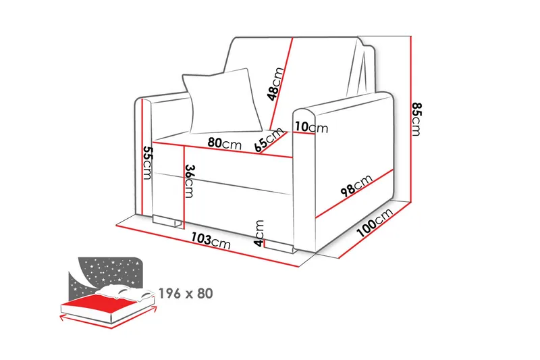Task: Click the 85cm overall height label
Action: click(416, 119)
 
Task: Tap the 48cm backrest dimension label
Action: click(276, 84)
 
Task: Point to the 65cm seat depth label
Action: click(269, 140)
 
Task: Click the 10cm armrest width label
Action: click(311, 127)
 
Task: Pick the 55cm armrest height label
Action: click(147, 163)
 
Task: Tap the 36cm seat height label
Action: click(189, 181)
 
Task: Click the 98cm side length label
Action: click(356, 185)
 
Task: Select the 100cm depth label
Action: click(375, 223)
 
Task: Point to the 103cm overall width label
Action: click(211, 240)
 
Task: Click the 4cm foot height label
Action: click(259, 234)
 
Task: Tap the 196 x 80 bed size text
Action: click(186, 294)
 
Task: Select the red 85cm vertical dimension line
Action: click(411, 119)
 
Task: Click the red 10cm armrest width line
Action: click(304, 132)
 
